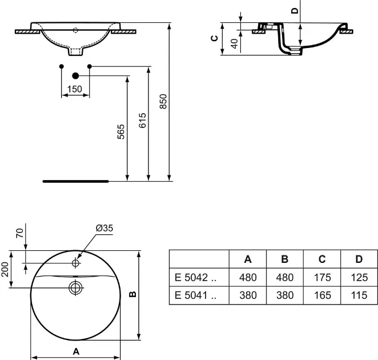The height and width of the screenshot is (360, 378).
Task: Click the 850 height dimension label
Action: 163,101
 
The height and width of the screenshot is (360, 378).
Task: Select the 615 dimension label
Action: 142,120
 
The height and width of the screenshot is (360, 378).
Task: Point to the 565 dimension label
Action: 121,132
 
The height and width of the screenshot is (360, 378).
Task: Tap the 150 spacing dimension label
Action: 75,89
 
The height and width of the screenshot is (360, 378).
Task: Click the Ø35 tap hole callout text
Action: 104,228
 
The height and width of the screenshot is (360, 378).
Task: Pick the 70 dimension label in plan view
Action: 20,233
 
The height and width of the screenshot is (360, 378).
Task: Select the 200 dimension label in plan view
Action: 5,269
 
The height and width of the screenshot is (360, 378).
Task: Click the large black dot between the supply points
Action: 75,76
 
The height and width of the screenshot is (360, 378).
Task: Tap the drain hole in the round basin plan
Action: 76,287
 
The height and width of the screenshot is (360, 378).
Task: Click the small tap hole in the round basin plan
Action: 76,262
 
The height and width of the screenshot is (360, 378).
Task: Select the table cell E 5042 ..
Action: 195,278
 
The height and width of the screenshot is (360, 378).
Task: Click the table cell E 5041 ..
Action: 195,295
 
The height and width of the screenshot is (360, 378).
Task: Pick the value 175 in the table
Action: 322,278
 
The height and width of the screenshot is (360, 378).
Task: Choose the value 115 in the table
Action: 359,295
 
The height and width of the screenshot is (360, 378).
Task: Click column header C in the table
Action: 322,259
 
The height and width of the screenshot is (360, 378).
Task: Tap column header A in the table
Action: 248,259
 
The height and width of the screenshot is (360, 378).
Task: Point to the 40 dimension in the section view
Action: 234,43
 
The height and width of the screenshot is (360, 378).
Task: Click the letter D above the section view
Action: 295,10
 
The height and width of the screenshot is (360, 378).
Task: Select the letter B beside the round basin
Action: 133,294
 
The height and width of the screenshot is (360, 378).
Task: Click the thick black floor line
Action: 76,181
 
